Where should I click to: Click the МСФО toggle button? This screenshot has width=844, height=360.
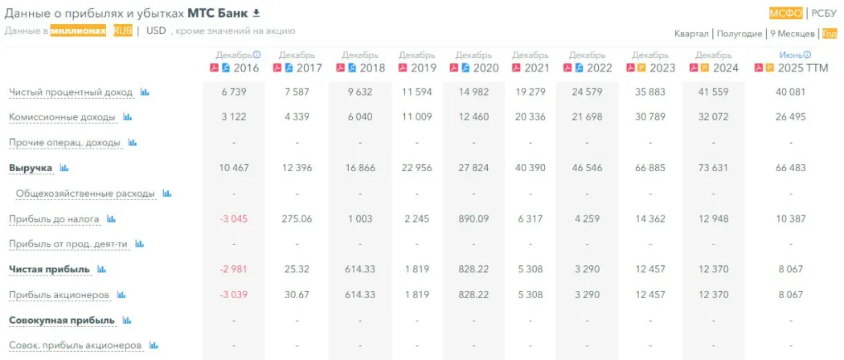[785, 13]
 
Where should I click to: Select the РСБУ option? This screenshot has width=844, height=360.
[824, 13]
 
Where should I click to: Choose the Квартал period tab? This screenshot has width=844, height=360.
[691, 34]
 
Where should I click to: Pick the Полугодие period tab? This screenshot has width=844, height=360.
[739, 34]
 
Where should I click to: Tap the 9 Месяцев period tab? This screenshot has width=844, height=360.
[792, 34]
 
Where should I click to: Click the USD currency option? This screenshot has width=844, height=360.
[156, 31]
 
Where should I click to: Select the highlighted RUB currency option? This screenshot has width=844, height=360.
[122, 31]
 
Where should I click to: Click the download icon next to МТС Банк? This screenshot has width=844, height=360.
[256, 13]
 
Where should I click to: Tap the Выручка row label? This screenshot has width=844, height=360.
[31, 168]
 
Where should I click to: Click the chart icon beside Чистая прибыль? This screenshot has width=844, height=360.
[101, 269]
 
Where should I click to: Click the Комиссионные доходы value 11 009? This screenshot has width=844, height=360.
[417, 117]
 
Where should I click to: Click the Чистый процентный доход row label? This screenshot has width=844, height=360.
[71, 92]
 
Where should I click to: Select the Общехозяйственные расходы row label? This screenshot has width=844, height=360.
[85, 194]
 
